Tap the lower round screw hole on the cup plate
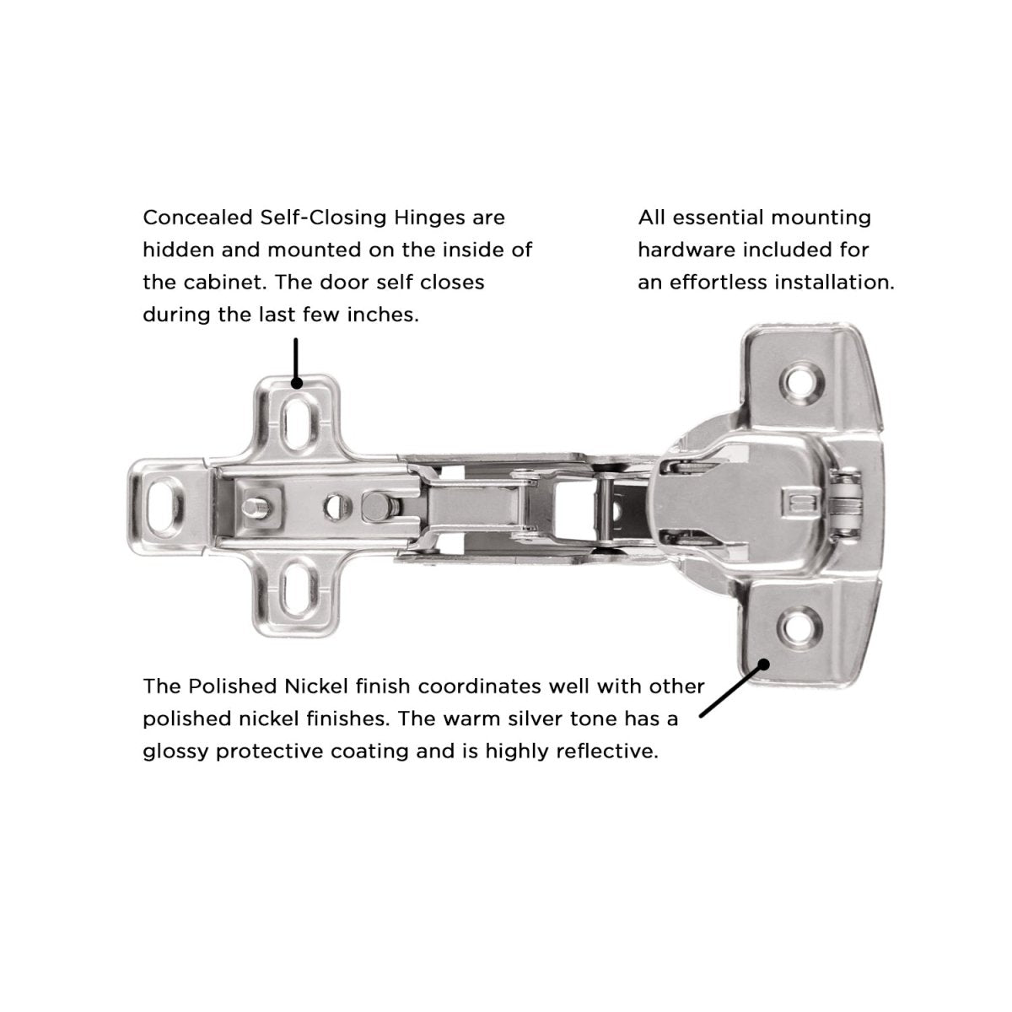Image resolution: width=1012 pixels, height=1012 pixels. coord(799,625)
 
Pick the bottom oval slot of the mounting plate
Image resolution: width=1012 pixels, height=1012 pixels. coord(296,584)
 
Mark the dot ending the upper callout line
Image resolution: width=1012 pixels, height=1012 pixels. coord(296,384)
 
